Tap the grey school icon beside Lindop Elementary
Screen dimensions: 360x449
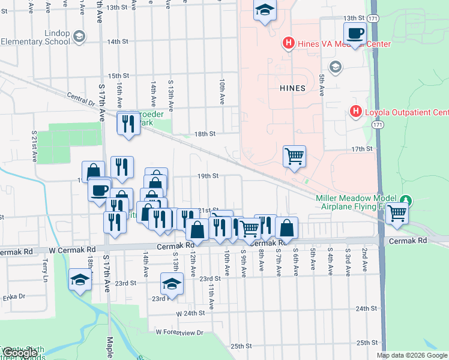pyautogui.click(x=79, y=37)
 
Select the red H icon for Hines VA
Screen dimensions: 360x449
pyautogui.click(x=288, y=43)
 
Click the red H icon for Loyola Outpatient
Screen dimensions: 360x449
pyautogui.click(x=355, y=112)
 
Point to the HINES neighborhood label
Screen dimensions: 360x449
pyautogui.click(x=292, y=88)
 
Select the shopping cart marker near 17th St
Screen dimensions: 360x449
pyautogui.click(x=294, y=157)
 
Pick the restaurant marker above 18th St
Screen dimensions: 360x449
pyautogui.click(x=128, y=124)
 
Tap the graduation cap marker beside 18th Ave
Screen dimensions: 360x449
pyautogui.click(x=80, y=279)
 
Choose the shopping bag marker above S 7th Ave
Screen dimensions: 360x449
pyautogui.click(x=287, y=228)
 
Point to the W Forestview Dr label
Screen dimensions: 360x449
pyautogui.click(x=179, y=332)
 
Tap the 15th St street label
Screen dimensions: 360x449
pyautogui.click(x=118, y=76)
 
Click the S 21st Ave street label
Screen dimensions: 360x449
pyautogui.click(x=35, y=143)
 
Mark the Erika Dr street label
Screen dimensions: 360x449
pyautogui.click(x=13, y=296)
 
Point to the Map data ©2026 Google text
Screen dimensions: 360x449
pyautogui.click(x=411, y=355)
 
